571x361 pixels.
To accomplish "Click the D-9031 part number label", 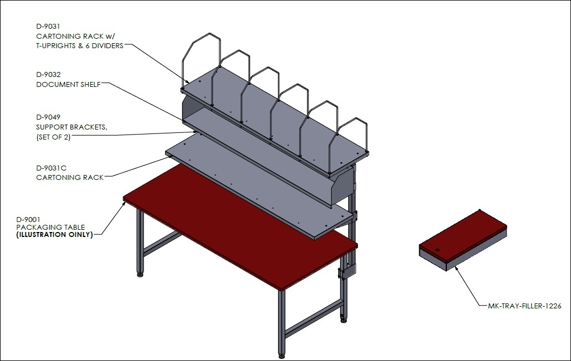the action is [48, 27].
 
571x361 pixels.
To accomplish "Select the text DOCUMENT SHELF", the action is [69, 84].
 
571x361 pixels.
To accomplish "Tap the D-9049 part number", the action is [48, 117].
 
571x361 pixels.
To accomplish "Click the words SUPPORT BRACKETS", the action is [71, 127].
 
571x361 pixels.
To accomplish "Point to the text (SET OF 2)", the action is [53, 137].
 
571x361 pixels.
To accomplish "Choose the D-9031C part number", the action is [52, 168].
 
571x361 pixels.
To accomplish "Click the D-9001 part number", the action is [28, 219].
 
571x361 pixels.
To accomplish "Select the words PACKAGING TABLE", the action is [50, 227].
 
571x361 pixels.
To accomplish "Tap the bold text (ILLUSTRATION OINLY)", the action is [55, 235].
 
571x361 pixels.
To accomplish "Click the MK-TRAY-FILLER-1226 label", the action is [524, 306].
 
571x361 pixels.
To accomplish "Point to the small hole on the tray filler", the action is [438, 250].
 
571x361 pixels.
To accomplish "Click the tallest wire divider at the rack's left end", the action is [200, 62].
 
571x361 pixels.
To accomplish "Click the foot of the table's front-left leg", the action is [140, 274].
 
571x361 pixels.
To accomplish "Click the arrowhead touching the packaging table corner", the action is [124, 204].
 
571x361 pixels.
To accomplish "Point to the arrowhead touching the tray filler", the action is [456, 269].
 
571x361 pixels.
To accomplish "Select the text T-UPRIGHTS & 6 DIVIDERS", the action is [80, 46].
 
